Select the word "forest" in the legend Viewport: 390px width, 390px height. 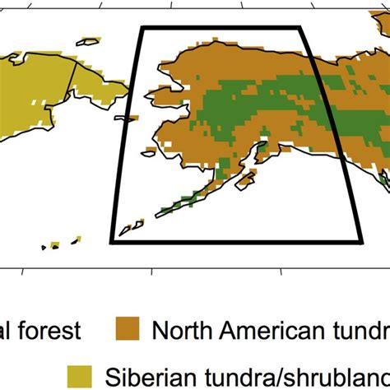pyautogui.click(x=51, y=331)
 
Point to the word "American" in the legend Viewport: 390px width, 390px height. pyautogui.click(x=265, y=331)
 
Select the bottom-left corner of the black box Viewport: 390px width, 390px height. pyautogui.click(x=111, y=242)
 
